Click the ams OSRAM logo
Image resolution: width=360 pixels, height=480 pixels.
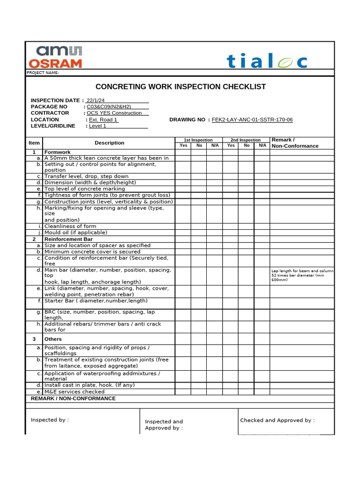[55, 57]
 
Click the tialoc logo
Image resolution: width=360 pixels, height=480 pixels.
[267, 61]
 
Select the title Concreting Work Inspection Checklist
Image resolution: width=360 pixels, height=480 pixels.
[180, 87]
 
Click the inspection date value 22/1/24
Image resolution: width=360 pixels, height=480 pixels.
[96, 100]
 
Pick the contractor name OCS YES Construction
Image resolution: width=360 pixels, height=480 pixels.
[114, 113]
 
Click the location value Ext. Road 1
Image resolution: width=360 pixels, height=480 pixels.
[103, 120]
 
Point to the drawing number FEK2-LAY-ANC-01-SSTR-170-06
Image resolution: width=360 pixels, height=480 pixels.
[252, 120]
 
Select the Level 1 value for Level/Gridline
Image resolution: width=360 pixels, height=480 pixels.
[97, 126]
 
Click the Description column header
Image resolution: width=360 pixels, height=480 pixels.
[109, 143]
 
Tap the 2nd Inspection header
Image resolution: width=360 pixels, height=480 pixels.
[246, 140]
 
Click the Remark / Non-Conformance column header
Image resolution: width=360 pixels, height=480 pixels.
[295, 143]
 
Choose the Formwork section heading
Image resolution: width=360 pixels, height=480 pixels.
[57, 152]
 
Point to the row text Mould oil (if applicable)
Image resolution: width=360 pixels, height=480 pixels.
[75, 232]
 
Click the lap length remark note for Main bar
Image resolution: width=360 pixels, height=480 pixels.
[302, 275]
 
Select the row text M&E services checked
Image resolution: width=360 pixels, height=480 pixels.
[75, 392]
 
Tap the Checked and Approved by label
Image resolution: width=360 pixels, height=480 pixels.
[277, 420]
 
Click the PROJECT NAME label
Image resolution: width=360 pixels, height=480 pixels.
[43, 73]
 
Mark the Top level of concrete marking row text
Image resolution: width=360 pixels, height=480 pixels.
[84, 189]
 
